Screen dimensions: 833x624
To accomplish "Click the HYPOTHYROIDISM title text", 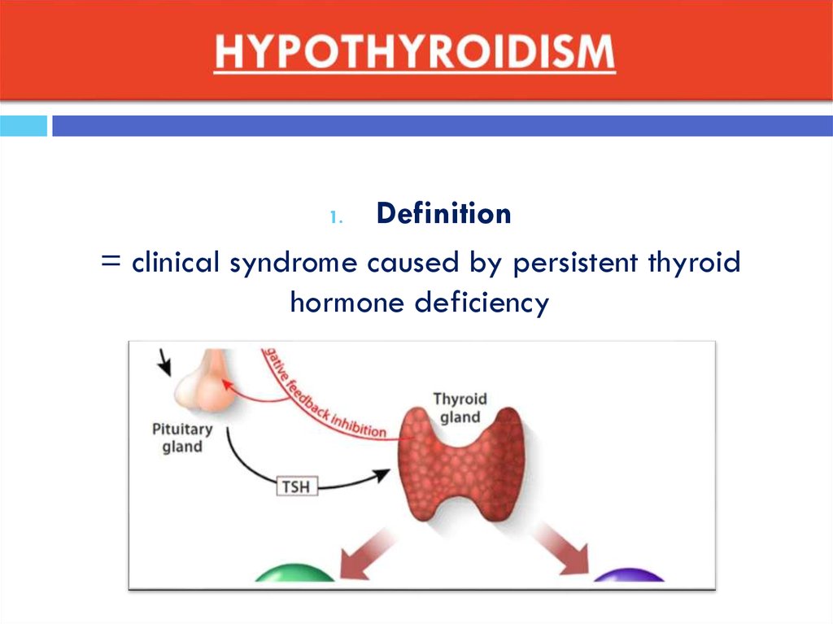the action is coord(415,51).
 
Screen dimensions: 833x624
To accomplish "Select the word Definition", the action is coord(443,214).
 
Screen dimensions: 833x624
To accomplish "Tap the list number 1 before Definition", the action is coord(336,217).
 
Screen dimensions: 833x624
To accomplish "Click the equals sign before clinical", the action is coord(111,261).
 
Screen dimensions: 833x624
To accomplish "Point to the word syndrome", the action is coord(293,264).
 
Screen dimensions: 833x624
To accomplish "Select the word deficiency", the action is coord(482,303).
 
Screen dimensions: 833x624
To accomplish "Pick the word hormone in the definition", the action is coord(347,303).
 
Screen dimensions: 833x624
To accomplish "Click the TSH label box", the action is coord(297,487).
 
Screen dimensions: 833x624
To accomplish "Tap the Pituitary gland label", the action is coord(182,438).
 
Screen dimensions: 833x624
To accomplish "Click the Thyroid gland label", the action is coord(460,408).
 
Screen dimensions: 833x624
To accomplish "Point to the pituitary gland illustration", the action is coord(205,381).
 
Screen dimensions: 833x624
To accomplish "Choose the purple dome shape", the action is coord(629,576).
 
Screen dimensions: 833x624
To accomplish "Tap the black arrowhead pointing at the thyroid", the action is coord(381,474).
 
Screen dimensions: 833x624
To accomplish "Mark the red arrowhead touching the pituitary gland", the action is coord(228,384).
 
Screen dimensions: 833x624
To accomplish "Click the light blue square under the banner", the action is coord(24,126).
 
